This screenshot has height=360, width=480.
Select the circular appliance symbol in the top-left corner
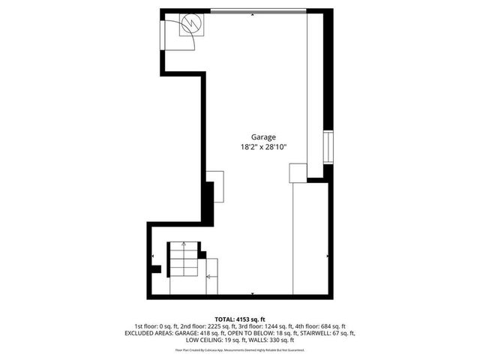click(192, 24)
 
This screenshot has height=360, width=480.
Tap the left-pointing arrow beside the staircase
click(208, 276)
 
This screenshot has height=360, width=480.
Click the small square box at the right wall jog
click(297, 173)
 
